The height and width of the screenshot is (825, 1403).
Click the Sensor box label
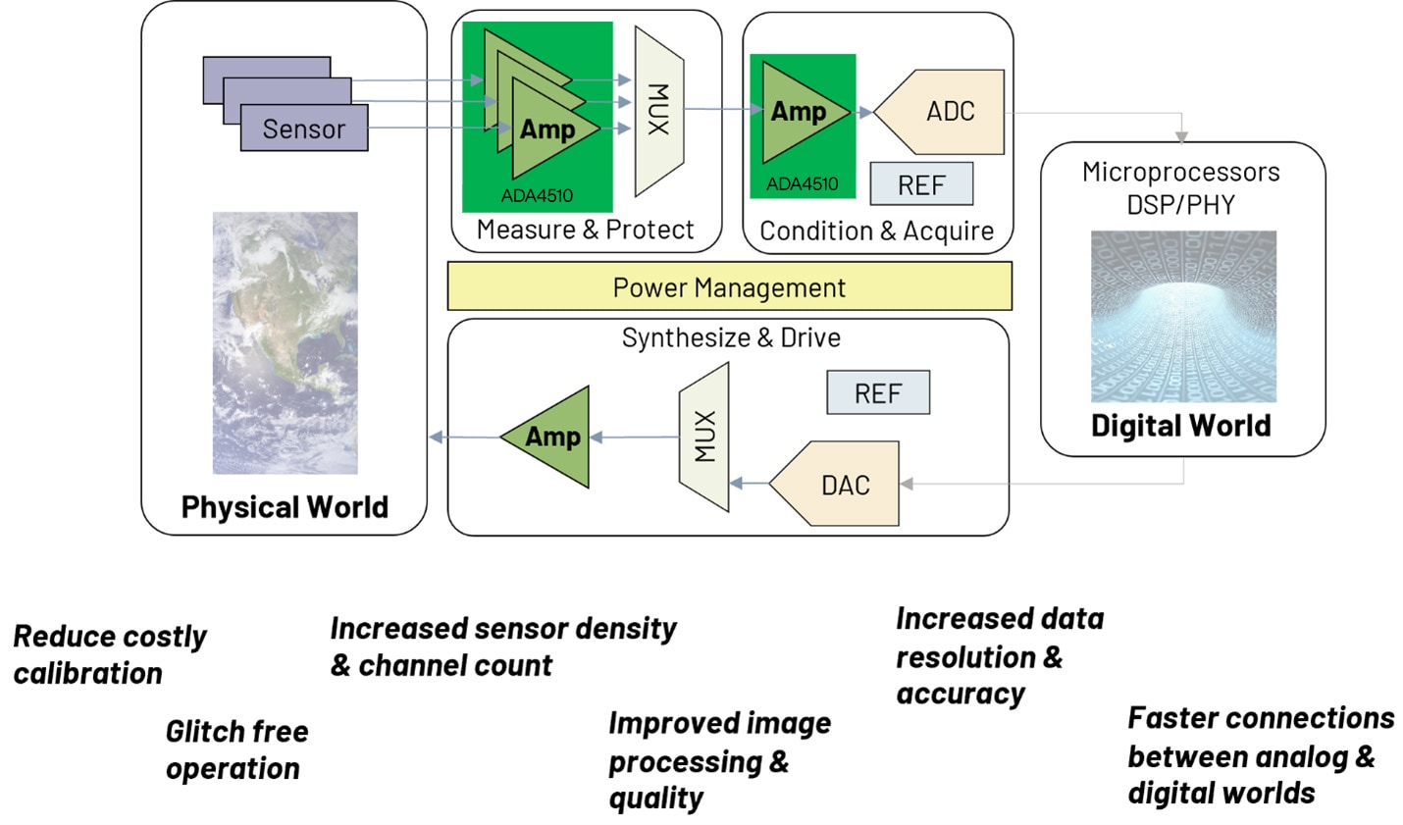pyautogui.click(x=304, y=129)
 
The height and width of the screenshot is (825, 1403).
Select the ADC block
pyautogui.click(x=943, y=112)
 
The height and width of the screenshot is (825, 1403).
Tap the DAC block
pyautogui.click(x=839, y=485)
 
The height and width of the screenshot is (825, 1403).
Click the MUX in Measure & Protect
pyautogui.click(x=658, y=110)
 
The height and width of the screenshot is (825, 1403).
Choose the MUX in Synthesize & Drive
pyautogui.click(x=704, y=437)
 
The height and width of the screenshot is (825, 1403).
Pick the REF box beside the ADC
pyautogui.click(x=921, y=184)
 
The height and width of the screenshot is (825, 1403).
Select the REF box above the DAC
pyautogui.click(x=877, y=393)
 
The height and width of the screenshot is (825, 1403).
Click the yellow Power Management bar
pyautogui.click(x=729, y=287)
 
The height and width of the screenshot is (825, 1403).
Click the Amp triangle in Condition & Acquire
pyautogui.click(x=796, y=112)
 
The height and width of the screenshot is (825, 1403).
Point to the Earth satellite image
pyautogui.click(x=286, y=343)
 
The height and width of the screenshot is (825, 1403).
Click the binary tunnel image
pyautogui.click(x=1183, y=317)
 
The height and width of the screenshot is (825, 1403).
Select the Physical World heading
pyautogui.click(x=285, y=506)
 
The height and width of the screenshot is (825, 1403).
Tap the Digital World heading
pyautogui.click(x=1181, y=425)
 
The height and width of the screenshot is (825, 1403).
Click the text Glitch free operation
pyautogui.click(x=236, y=749)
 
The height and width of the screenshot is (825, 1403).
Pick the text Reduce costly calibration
pyautogui.click(x=110, y=654)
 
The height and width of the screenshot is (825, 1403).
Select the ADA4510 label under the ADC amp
pyautogui.click(x=803, y=183)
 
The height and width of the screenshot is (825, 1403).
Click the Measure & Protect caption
pyautogui.click(x=585, y=230)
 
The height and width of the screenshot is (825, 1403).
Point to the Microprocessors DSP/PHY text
pyautogui.click(x=1181, y=187)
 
